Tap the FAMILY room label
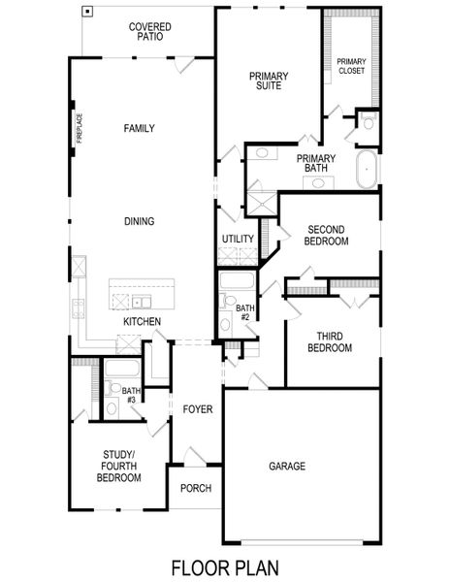[140, 128]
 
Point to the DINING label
[140, 221]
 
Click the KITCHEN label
[142, 321]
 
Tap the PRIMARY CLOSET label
[351, 68]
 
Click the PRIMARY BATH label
[316, 163]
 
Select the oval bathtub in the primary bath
[368, 170]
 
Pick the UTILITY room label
[238, 239]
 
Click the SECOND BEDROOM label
[327, 235]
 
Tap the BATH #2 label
[244, 312]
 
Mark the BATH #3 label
[131, 395]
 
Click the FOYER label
[198, 409]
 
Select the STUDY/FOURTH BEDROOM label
[122, 466]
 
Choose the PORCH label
[196, 488]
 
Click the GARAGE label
[287, 467]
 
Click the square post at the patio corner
[88, 12]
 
